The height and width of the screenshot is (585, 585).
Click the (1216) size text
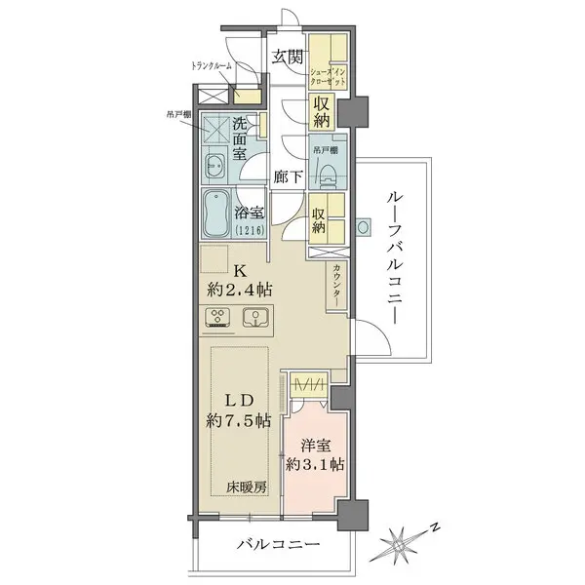(251, 231)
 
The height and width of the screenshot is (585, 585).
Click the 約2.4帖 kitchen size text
(239, 290)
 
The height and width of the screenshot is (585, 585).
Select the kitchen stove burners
(218, 318)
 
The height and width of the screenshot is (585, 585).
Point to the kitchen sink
(256, 318)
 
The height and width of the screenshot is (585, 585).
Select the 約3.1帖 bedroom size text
(311, 464)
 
